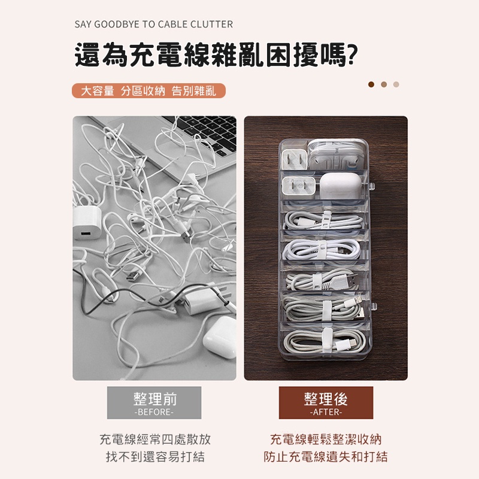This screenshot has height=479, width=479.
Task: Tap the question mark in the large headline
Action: point(352,54)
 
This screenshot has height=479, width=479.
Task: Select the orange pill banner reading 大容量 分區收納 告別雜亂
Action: point(148,91)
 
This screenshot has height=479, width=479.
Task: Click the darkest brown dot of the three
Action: point(371,84)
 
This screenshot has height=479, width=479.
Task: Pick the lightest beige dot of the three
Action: point(396,84)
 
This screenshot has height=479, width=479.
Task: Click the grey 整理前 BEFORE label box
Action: point(154,402)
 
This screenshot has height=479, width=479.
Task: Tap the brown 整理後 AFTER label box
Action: point(326,402)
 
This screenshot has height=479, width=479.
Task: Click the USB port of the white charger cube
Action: point(86,234)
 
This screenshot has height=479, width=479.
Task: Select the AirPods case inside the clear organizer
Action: point(338,186)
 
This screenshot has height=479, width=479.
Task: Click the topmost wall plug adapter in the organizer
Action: point(294,159)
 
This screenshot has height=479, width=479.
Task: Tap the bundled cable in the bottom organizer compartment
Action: point(325,341)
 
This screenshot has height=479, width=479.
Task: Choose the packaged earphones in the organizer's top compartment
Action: point(338,155)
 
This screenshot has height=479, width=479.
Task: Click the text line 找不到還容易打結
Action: point(155,457)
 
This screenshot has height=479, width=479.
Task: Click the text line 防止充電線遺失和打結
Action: point(326,457)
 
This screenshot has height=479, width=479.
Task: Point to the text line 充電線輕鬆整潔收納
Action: point(326,439)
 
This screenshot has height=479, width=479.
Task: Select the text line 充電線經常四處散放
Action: point(155,439)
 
